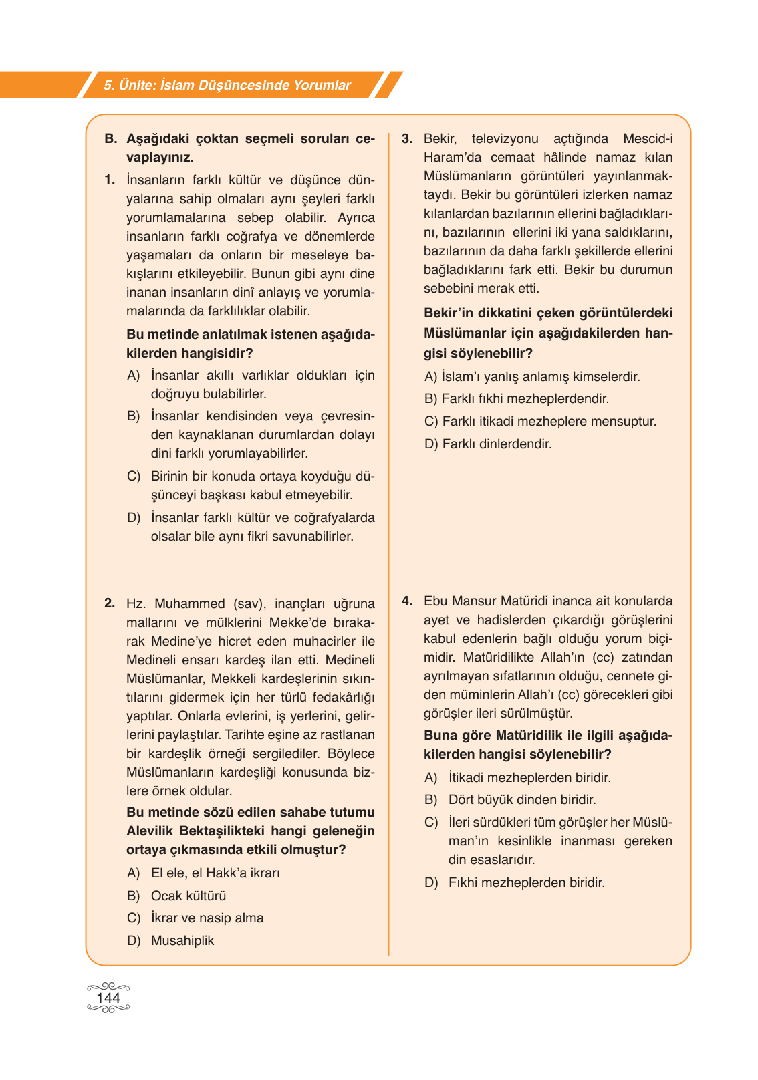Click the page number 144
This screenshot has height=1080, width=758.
[108, 998]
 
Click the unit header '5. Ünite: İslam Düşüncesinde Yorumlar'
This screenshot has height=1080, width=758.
[227, 85]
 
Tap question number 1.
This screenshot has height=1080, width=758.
[110, 180]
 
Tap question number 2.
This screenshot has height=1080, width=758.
[110, 603]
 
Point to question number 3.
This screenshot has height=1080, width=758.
[407, 138]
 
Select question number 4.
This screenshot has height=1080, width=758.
[407, 601]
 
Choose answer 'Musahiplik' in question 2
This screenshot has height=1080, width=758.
[182, 940]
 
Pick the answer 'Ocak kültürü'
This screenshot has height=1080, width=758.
[188, 896]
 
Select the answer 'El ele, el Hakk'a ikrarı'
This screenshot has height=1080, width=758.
[215, 873]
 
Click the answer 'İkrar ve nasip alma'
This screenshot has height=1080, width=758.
[207, 918]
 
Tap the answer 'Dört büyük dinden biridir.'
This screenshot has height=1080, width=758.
[522, 799]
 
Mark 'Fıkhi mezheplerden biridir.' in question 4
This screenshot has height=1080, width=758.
[526, 882]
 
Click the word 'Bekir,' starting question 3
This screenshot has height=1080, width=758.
[440, 138]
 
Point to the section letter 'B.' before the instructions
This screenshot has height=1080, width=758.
[111, 138]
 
